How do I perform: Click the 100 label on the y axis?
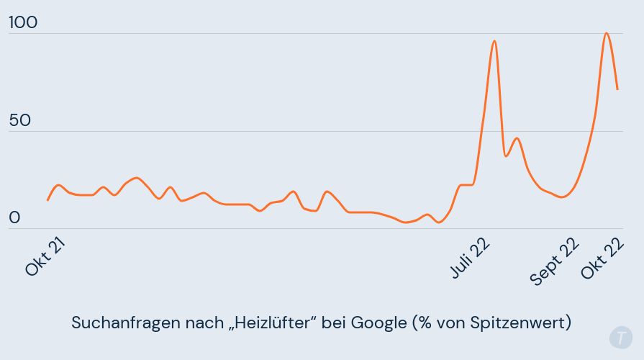[22, 23]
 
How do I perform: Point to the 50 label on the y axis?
[20, 120]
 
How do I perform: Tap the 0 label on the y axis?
[15, 218]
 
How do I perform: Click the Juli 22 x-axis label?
[471, 257]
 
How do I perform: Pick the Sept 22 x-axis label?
[555, 261]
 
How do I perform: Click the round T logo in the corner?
[620, 337]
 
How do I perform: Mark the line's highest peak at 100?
[607, 33]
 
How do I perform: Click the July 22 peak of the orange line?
[494, 41]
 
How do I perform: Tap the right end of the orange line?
[617, 89]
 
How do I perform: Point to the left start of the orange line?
[47, 200]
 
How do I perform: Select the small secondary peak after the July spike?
[517, 138]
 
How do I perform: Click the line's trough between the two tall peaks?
[562, 197]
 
